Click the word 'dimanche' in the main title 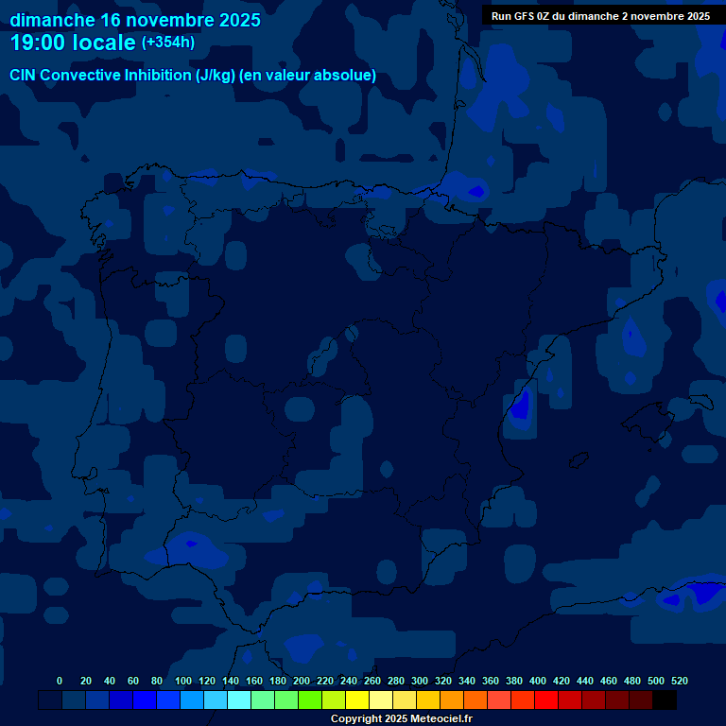coord(52,20)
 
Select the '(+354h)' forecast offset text coord(168,43)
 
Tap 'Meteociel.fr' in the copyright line coord(441,718)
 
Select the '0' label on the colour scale coord(60,681)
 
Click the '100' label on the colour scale coord(183,681)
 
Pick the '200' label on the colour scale coord(302,681)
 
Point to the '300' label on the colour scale coord(420,681)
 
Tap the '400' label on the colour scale coord(538,681)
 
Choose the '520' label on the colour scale coord(680,681)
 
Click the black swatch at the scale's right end coord(665,700)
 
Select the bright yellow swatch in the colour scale coord(357,700)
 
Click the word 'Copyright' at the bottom coord(357,718)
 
